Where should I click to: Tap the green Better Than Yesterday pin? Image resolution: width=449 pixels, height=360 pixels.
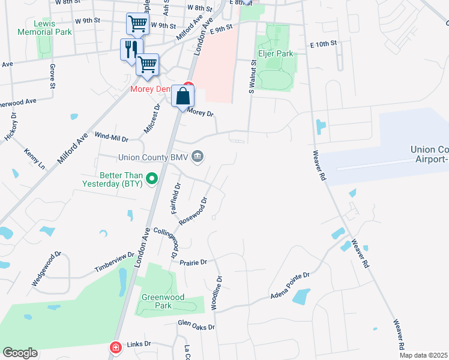tap(152, 178)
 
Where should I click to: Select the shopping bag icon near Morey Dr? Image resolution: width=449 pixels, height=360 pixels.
tap(182, 97)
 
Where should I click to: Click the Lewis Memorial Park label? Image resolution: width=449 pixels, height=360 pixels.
tap(37, 27)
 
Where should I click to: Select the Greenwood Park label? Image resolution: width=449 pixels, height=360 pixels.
tap(157, 301)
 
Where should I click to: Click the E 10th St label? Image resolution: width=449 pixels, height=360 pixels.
tap(324, 44)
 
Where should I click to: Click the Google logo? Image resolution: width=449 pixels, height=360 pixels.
tap(20, 353)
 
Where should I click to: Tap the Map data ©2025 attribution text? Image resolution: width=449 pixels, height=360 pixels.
tap(423, 355)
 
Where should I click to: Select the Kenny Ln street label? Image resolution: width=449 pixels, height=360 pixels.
tap(34, 157)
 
